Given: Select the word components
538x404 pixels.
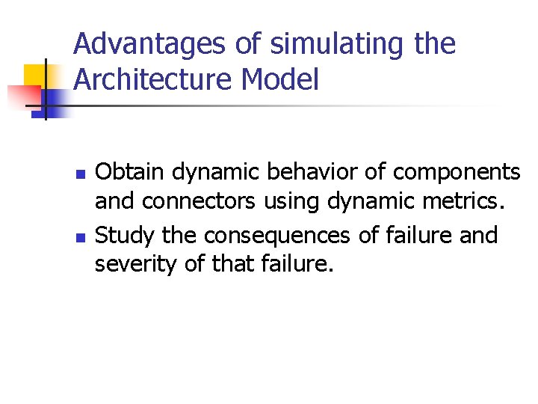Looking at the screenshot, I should [x=456, y=173].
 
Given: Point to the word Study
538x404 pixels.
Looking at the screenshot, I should [x=125, y=236].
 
